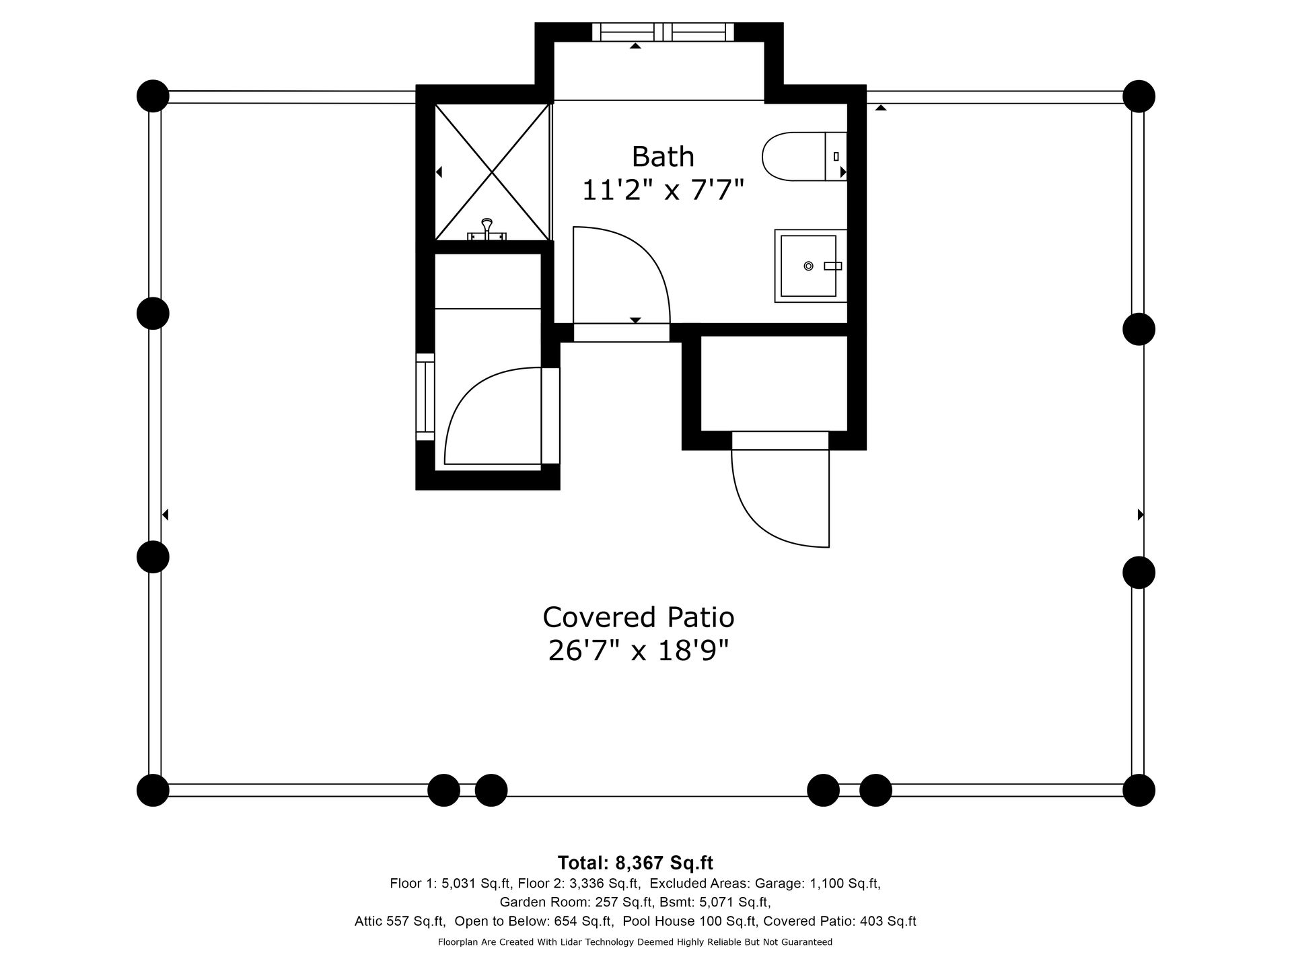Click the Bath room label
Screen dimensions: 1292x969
click(663, 157)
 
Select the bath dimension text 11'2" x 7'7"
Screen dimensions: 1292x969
click(663, 190)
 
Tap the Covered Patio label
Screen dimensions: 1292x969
click(638, 617)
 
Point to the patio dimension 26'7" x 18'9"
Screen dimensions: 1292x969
click(638, 651)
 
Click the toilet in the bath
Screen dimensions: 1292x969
click(804, 156)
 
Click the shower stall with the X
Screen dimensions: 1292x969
click(493, 172)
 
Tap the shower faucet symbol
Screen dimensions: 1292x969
click(487, 229)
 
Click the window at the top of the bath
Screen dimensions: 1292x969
click(663, 32)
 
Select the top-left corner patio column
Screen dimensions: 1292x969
click(153, 96)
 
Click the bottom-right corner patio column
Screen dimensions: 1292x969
click(1139, 790)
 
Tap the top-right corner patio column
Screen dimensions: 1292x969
click(1139, 96)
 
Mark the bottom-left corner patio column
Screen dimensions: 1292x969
click(153, 790)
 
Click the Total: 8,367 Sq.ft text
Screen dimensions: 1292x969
click(635, 863)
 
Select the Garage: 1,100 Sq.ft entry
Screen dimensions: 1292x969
click(818, 884)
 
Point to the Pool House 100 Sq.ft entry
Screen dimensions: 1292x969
click(690, 921)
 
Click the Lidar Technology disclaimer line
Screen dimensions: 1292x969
click(635, 942)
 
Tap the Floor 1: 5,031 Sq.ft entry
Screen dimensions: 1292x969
click(451, 884)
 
